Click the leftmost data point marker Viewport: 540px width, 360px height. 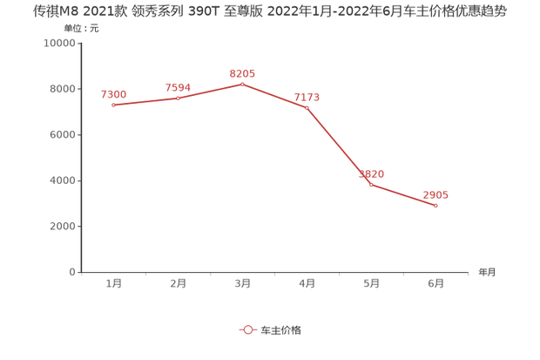[x=114, y=105]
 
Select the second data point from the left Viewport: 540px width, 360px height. [x=179, y=98]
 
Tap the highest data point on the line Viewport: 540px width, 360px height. [x=243, y=84]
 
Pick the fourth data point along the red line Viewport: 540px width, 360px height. [x=307, y=107]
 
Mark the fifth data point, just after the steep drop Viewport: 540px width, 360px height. [x=371, y=185]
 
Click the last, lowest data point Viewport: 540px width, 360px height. [x=435, y=206]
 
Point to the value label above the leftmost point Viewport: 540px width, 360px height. [x=114, y=93]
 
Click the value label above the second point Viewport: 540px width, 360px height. [x=178, y=86]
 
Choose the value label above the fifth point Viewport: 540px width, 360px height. [x=372, y=173]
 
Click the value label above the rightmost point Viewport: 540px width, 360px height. [x=435, y=194]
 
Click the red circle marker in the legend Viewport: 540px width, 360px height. [x=247, y=329]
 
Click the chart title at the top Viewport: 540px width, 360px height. [x=269, y=11]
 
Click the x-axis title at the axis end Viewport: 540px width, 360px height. [x=485, y=272]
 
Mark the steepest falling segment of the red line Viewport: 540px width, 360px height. [x=339, y=146]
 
